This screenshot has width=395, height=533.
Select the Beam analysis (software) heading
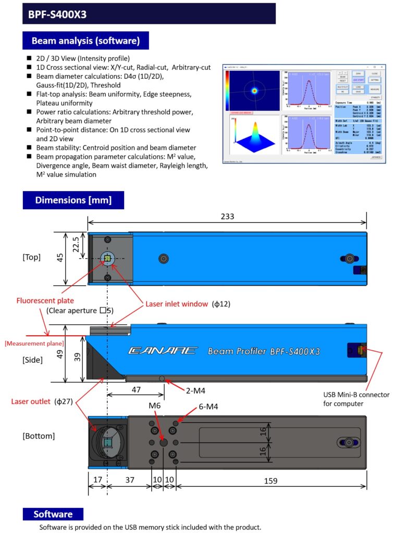click(85, 41)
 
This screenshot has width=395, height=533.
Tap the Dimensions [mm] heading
click(73, 200)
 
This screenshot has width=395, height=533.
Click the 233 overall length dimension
click(227, 216)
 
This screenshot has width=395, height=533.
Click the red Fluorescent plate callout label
click(45, 300)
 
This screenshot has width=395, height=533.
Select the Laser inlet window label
click(177, 303)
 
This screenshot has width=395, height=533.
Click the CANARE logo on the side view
click(163, 351)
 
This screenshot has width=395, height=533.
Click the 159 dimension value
click(270, 481)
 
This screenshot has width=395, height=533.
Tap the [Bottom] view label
click(39, 436)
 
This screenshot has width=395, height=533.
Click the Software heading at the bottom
click(53, 514)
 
